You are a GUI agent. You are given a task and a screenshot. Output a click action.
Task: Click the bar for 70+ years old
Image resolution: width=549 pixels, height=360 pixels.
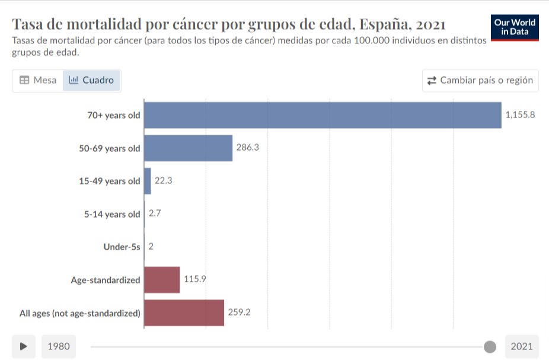(x=323, y=115)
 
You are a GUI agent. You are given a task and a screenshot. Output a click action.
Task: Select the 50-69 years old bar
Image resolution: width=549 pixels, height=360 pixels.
(x=188, y=148)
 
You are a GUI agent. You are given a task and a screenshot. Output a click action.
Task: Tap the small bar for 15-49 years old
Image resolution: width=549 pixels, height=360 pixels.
(x=148, y=181)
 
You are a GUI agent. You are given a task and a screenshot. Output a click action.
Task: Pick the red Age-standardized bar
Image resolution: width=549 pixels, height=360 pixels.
(x=162, y=280)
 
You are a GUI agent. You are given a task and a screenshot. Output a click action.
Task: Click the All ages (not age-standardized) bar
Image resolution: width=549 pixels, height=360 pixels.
(x=184, y=313)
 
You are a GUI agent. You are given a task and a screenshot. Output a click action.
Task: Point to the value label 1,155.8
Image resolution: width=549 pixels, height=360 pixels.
(x=520, y=115)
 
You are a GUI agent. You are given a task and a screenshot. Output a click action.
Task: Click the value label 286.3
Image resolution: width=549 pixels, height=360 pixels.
(x=248, y=148)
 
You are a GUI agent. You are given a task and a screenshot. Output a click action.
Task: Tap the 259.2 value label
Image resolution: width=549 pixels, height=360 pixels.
(x=239, y=312)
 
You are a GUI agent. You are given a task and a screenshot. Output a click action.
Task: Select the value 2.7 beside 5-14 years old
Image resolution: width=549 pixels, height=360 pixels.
(x=155, y=214)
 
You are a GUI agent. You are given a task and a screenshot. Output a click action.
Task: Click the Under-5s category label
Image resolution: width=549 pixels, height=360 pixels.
(x=122, y=247)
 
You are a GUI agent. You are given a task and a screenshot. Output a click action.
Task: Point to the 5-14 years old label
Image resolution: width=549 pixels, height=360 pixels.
(x=112, y=214)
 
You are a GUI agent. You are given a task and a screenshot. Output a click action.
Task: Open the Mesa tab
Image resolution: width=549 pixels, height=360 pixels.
(x=38, y=80)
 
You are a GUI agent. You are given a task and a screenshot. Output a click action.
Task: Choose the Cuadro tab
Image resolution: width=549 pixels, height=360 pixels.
(x=91, y=80)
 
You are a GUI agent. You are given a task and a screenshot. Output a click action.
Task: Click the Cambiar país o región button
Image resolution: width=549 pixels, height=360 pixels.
(x=480, y=81)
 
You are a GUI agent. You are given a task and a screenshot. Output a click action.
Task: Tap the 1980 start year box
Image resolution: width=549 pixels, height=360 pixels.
(x=59, y=346)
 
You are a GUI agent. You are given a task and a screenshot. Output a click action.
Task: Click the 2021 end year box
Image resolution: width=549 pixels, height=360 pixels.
(x=522, y=346)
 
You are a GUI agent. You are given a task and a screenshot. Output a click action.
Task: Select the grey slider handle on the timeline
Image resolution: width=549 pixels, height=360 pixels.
(x=490, y=347)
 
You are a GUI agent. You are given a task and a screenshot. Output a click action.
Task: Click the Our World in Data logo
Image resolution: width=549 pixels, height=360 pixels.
(x=515, y=28)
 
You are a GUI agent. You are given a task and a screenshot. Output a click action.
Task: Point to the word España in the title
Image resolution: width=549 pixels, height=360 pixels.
(x=385, y=24)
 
